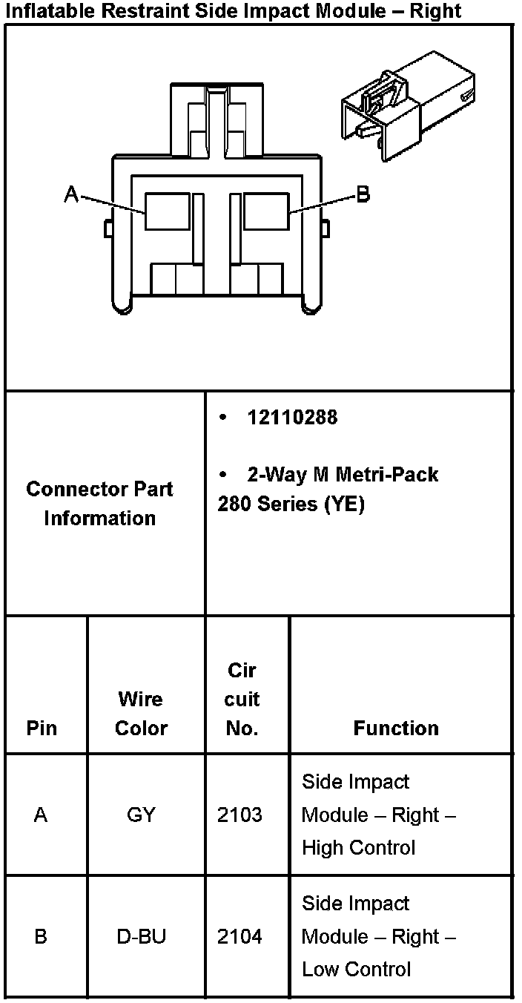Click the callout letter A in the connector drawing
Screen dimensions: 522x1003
(x=71, y=194)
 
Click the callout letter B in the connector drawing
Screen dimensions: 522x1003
(x=363, y=194)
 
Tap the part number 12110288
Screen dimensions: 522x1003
(x=292, y=418)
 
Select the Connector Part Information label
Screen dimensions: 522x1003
(x=99, y=504)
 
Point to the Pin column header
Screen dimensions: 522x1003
(x=41, y=728)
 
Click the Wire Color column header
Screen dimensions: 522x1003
(x=141, y=713)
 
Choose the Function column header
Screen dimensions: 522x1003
(x=396, y=728)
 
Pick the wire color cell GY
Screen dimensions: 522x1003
(x=141, y=815)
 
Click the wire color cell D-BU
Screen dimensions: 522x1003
(x=141, y=936)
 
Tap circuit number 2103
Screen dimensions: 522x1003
(x=239, y=815)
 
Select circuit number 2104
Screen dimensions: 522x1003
(x=239, y=936)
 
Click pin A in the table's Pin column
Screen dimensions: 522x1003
(x=41, y=815)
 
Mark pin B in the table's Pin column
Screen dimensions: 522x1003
(x=41, y=936)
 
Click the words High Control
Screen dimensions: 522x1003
(x=358, y=847)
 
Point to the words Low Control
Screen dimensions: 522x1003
(x=356, y=969)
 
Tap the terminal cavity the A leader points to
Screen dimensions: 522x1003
(x=167, y=211)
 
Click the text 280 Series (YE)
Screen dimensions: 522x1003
(x=291, y=504)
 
